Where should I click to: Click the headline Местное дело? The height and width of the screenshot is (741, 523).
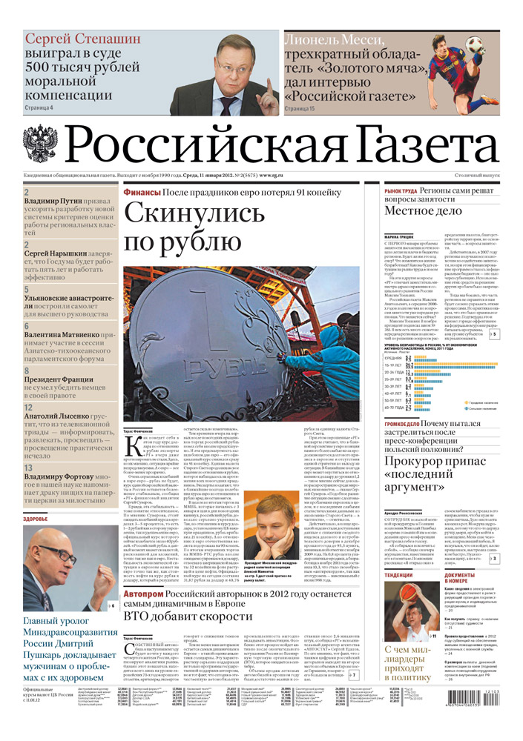(422, 210)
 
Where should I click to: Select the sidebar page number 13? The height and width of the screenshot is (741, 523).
(28, 448)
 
